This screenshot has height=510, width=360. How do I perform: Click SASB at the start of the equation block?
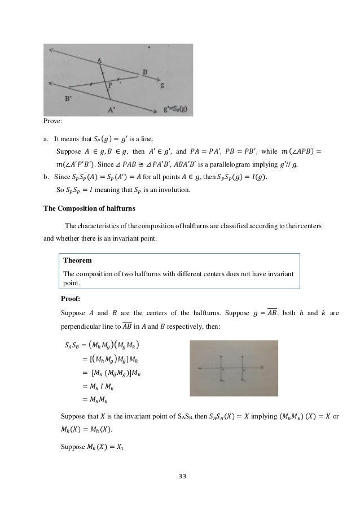pos(73,345)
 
